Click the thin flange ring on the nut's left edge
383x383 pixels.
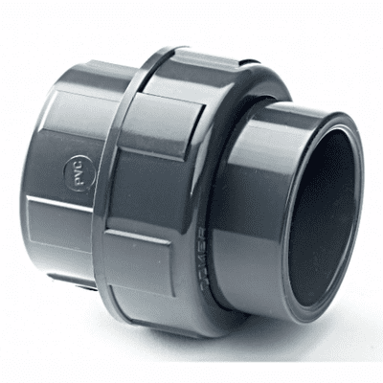[x=120, y=182]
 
